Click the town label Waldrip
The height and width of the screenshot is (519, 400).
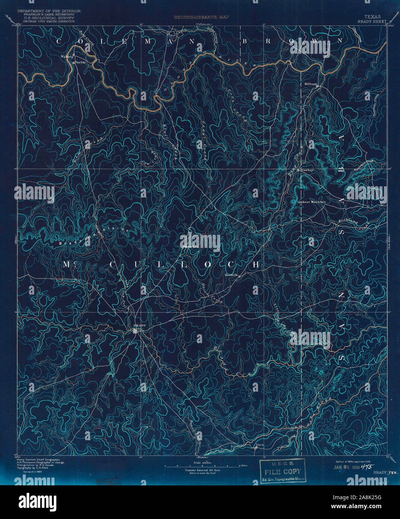pyautogui.click(x=65, y=56)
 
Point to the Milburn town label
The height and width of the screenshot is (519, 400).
pyautogui.click(x=310, y=84)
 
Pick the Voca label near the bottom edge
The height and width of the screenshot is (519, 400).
pyautogui.click(x=260, y=445)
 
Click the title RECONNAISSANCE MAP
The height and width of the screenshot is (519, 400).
pyautogui.click(x=201, y=17)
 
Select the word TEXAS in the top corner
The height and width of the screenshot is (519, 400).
pyautogui.click(x=371, y=17)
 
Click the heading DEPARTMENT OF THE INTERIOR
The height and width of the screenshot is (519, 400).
pyautogui.click(x=49, y=11)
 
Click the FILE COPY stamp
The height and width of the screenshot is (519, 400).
pyautogui.click(x=282, y=472)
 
